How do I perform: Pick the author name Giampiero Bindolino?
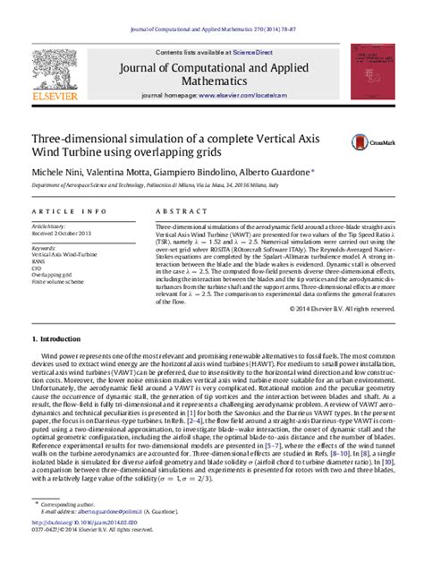pyautogui.click(x=195, y=170)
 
